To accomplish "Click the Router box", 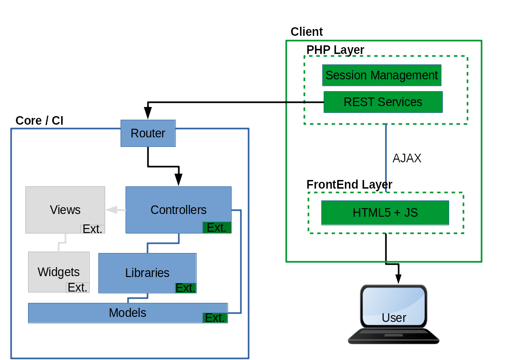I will point(148,133).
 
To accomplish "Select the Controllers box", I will point(178,209).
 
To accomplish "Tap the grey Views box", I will point(65,209).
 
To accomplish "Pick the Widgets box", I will point(58,272).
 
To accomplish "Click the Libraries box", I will point(147,272).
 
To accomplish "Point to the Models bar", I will point(127,313).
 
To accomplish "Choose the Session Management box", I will point(382,75).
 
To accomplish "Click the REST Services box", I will point(383,102).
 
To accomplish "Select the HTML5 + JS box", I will point(385,213).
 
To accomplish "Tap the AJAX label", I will point(407,158).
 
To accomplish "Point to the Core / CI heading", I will point(39,121).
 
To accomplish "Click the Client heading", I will point(306,32).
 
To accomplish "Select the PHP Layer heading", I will point(335,50).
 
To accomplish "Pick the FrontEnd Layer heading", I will point(349,185).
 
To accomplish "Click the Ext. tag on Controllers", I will point(217,228).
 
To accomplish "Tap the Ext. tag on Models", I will point(215,318).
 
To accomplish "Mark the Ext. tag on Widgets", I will point(78,287).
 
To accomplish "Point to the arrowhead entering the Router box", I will point(148,113).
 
